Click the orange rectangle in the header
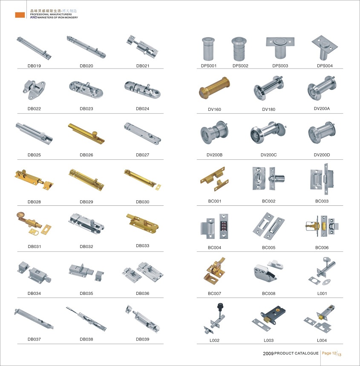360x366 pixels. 20,15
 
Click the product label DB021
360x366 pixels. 143,66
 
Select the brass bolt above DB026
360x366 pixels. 86,133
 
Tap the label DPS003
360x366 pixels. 280,66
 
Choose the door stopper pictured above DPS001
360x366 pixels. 208,49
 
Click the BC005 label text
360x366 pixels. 269,248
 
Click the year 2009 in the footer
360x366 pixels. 268,353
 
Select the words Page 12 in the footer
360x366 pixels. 329,353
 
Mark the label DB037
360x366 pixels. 35,339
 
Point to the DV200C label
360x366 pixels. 269,155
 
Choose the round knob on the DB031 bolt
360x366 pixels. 20,215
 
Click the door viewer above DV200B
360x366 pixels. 214,133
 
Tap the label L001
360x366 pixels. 322,294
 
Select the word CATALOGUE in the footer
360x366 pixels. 307,353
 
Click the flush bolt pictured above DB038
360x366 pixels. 86,318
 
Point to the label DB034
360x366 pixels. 35,294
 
